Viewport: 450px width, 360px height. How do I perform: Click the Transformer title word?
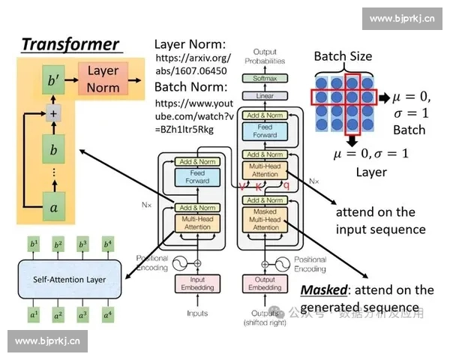70,44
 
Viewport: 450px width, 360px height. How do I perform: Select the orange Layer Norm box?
103,79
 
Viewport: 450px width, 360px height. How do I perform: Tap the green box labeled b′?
52,79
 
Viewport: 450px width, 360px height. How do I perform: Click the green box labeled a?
52,207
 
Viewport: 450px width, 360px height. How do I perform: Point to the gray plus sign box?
52,114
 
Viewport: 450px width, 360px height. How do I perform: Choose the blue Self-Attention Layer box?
69,280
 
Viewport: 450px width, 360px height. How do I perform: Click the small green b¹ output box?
33,244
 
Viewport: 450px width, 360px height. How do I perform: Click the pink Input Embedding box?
198,283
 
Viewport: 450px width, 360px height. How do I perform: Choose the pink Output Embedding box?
265,283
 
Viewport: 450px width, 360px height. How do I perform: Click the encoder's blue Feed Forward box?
198,176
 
